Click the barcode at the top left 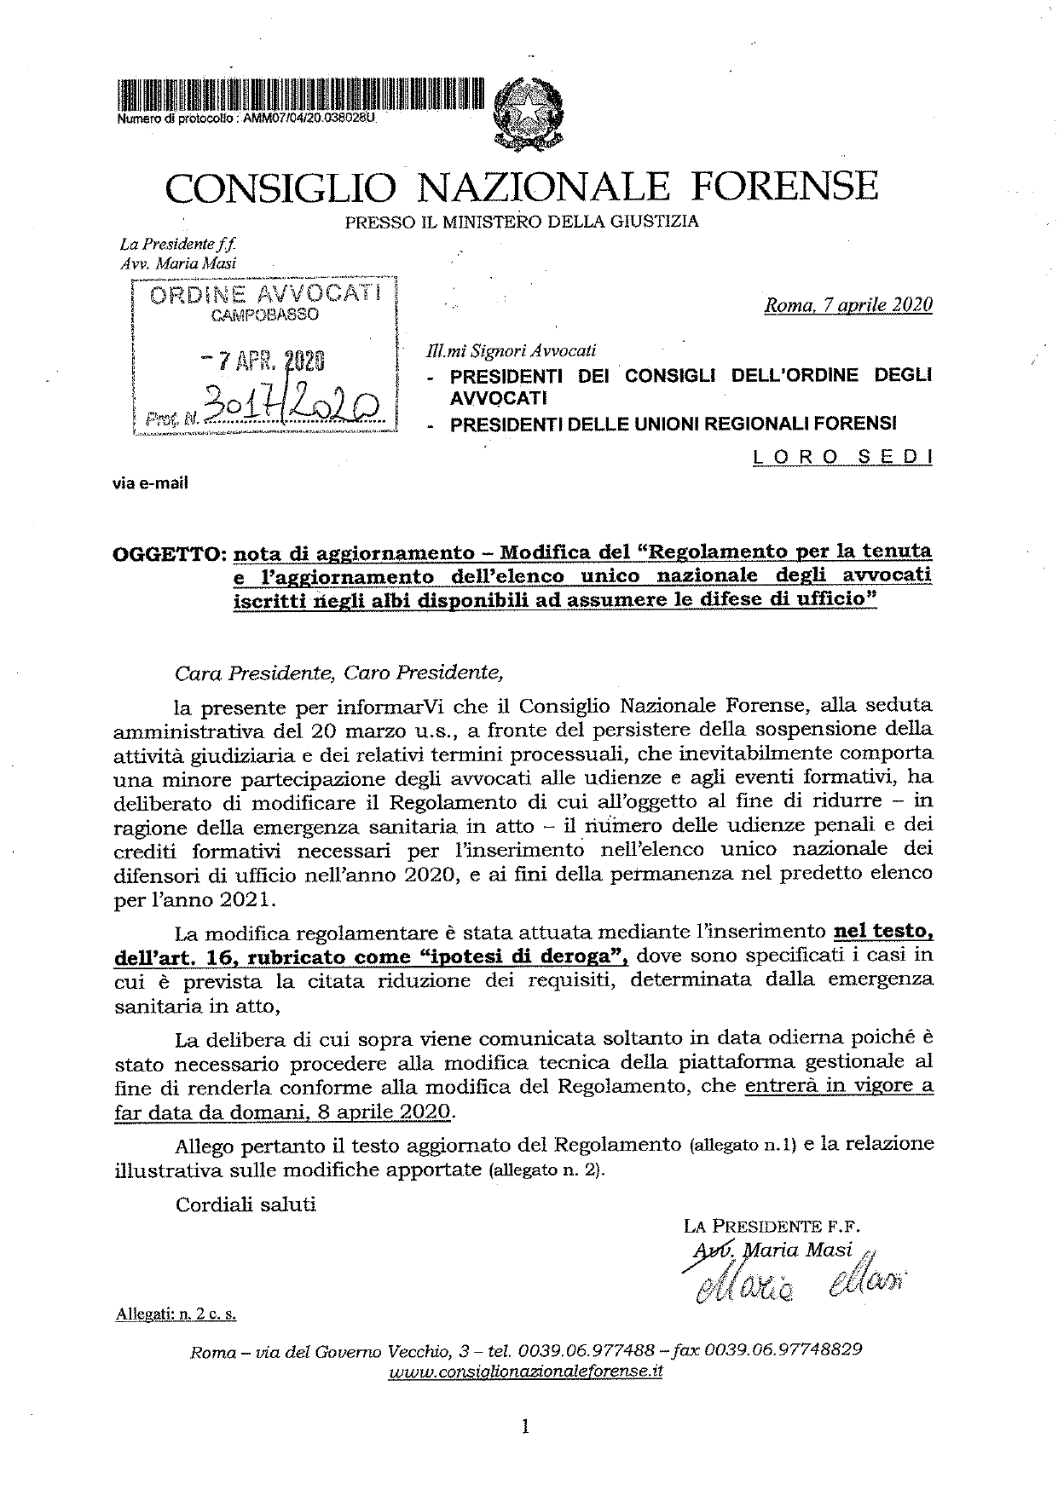coord(298,95)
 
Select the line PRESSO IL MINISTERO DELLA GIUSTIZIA coord(522,222)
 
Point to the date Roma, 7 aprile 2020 coord(848,305)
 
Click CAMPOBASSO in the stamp coord(264,315)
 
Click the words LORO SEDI coord(842,457)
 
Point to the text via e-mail coord(150,483)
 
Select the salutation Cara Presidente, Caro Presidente coord(339,673)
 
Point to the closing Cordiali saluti coord(246,1204)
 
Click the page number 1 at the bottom coord(525,1425)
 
